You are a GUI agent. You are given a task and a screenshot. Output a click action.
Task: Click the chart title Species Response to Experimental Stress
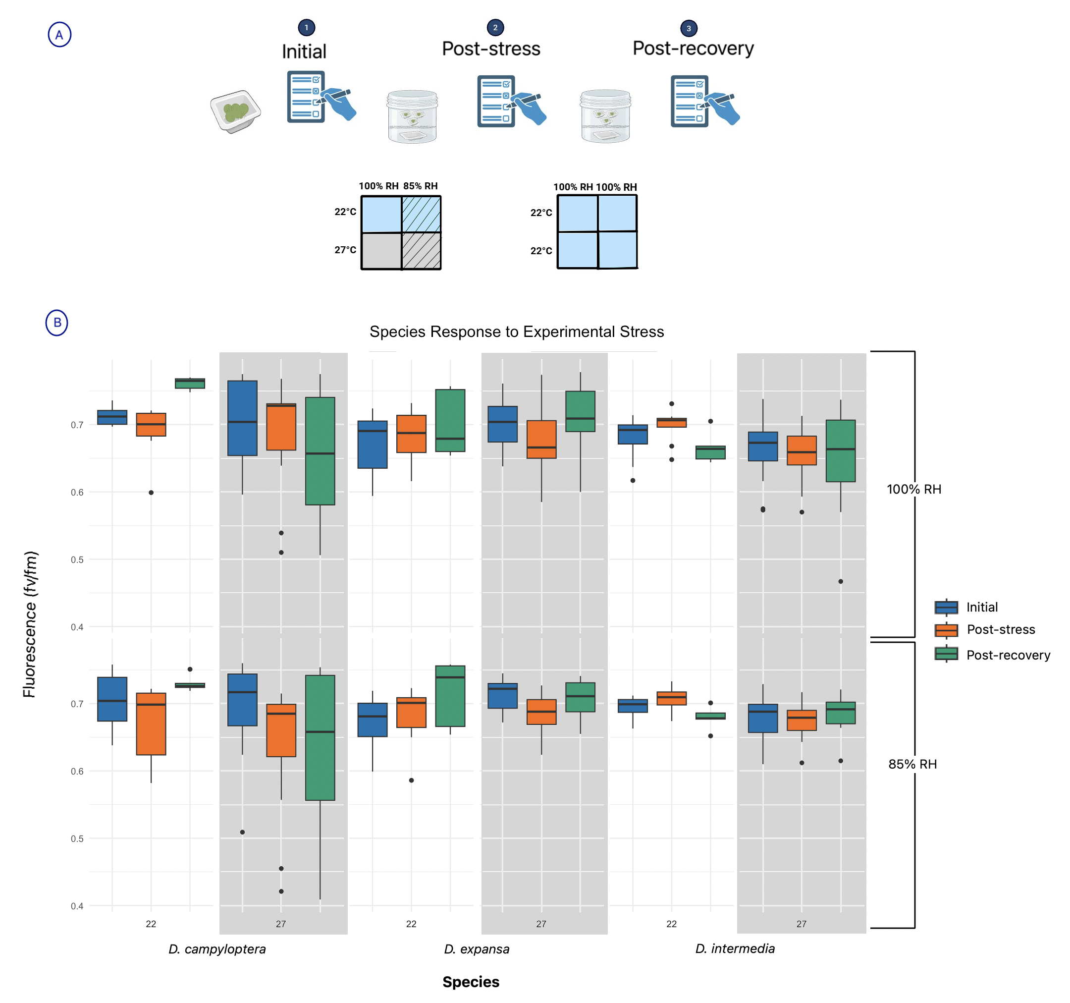(x=517, y=332)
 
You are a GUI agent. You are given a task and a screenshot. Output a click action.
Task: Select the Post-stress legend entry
(x=1001, y=629)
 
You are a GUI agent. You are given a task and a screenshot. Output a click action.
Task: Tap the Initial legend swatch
(x=946, y=607)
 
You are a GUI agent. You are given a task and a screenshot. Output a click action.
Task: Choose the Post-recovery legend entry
(x=1008, y=655)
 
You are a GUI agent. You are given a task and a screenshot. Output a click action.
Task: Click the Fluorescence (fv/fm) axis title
(x=30, y=624)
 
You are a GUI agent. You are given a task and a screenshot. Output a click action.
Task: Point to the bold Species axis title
(x=471, y=982)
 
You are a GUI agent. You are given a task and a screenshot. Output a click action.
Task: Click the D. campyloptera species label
(x=217, y=948)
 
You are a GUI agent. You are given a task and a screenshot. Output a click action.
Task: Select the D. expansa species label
(x=477, y=948)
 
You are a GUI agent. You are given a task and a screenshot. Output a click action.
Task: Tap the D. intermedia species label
(x=735, y=948)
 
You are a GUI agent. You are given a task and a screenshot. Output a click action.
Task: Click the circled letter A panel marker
(x=59, y=35)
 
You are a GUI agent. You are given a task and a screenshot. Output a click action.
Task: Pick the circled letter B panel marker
(x=57, y=323)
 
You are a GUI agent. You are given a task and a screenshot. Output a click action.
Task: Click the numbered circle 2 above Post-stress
(x=495, y=27)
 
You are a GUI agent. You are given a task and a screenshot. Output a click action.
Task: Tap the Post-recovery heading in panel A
(x=693, y=49)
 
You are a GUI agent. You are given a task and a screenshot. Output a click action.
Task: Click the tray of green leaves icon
(x=235, y=111)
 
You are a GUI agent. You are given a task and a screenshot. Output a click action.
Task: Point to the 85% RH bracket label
(x=912, y=764)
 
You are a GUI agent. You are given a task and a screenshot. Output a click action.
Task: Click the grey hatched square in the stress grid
(x=422, y=251)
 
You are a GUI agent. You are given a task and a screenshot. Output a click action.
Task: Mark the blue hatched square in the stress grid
(x=422, y=214)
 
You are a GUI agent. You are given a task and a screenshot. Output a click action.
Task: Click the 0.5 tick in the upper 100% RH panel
(x=77, y=559)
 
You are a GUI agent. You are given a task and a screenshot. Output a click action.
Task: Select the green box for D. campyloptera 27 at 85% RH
(x=320, y=737)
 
